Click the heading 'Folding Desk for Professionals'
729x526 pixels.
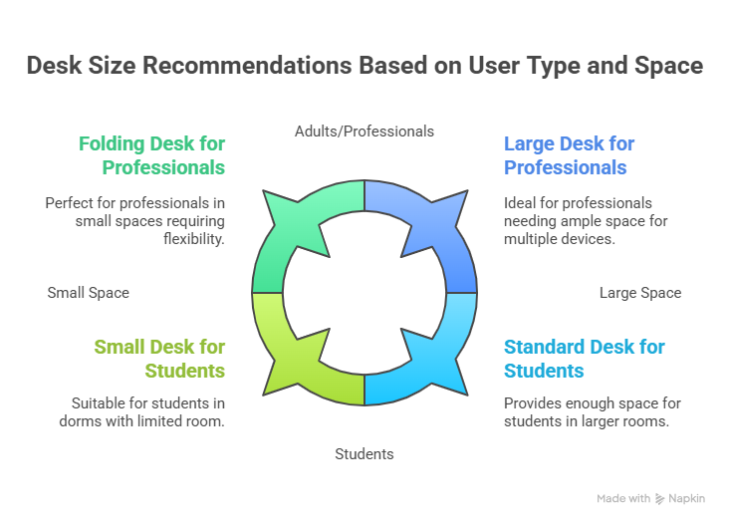click(151, 154)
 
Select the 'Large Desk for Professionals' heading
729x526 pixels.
click(569, 154)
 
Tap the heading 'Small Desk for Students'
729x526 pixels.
click(159, 359)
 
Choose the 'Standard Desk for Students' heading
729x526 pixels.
click(584, 359)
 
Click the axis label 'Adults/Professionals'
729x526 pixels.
click(364, 131)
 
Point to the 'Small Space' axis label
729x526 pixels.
click(88, 293)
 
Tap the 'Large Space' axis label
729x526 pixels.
click(639, 293)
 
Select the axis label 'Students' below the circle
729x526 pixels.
click(364, 454)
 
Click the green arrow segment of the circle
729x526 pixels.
click(289, 224)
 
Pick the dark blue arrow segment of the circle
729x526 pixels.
click(438, 224)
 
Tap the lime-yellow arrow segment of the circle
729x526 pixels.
click(289, 364)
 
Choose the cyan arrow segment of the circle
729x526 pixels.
click(438, 364)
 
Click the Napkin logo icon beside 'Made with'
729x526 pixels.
click(661, 498)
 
